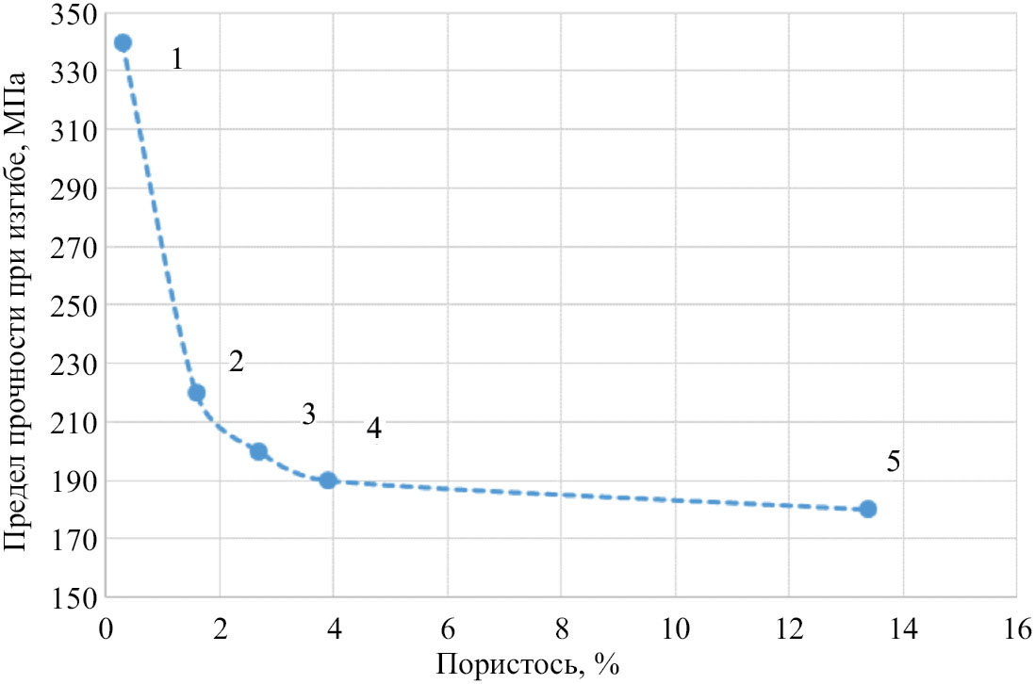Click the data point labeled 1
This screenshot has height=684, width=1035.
[123, 42]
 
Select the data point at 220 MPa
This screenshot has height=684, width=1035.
[197, 392]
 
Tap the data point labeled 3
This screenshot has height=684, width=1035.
[258, 451]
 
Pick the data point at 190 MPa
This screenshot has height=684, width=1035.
[328, 480]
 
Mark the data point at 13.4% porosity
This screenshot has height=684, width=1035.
[868, 509]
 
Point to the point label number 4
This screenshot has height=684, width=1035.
[374, 429]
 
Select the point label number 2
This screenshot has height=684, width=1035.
[237, 362]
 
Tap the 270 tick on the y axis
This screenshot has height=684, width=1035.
[76, 248]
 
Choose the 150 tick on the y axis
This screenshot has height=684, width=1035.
[76, 597]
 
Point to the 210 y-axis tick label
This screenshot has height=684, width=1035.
[76, 423]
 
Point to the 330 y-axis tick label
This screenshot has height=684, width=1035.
[76, 73]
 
